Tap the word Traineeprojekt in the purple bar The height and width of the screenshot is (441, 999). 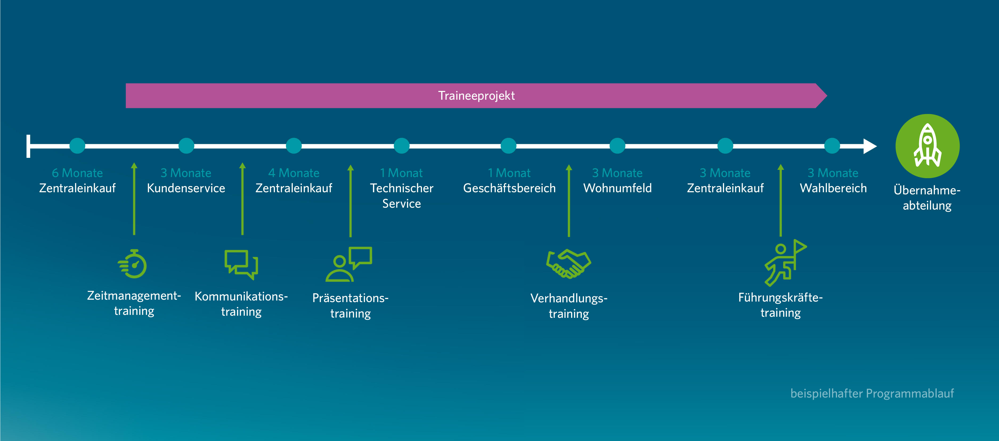(x=476, y=95)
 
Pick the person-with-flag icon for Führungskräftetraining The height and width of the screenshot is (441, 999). (x=784, y=263)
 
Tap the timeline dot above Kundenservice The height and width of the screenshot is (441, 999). (x=186, y=146)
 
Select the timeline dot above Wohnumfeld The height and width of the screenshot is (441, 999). (x=617, y=146)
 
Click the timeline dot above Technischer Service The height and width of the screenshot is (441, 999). (x=401, y=146)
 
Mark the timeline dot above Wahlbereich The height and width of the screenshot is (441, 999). (x=832, y=146)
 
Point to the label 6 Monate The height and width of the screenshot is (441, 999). (x=77, y=173)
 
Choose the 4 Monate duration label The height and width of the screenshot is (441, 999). (x=294, y=173)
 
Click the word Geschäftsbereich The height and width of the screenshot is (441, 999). (x=509, y=188)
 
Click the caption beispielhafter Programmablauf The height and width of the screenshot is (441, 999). (x=872, y=393)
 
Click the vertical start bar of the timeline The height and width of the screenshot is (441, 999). (x=28, y=146)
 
